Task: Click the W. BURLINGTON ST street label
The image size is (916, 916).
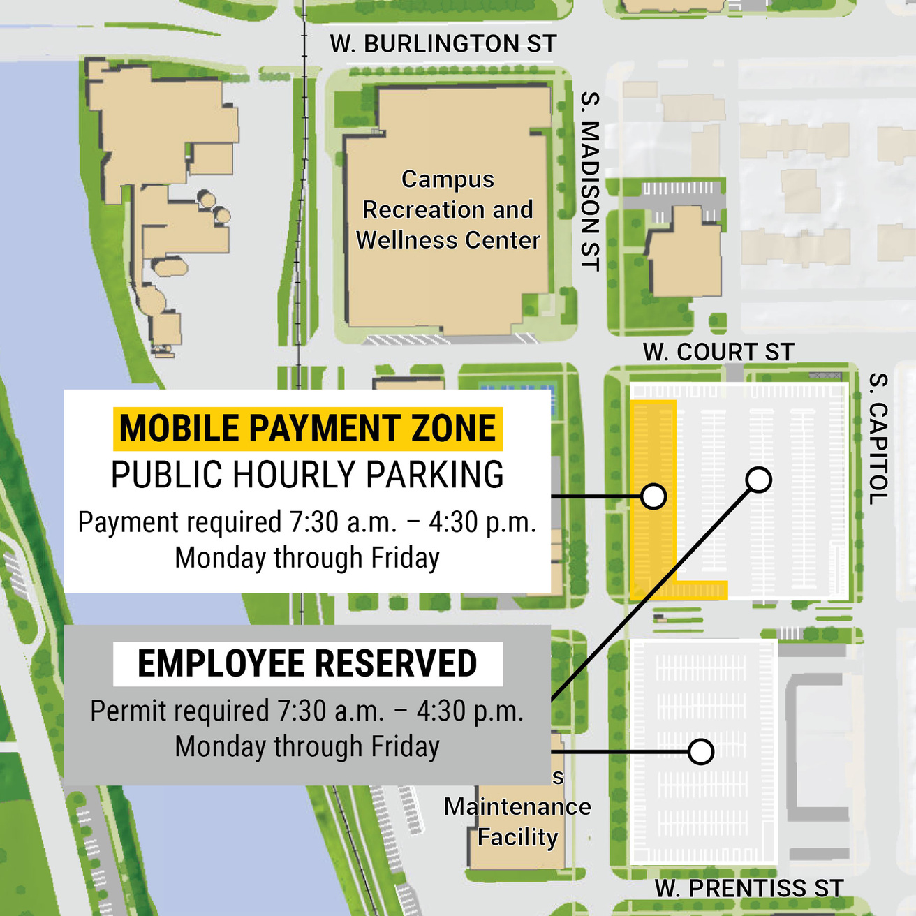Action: pos(443,44)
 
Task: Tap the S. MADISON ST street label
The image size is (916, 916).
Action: pos(591,181)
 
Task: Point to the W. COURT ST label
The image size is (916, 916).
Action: pos(718,352)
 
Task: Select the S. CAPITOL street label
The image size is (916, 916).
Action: pos(878,438)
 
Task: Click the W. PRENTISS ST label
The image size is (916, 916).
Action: pos(749,888)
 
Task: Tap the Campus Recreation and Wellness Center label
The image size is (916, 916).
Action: pos(448,209)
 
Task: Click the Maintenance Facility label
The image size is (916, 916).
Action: pos(517,822)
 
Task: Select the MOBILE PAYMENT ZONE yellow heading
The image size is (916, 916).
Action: pos(307,428)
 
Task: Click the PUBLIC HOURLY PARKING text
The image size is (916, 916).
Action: pos(307,475)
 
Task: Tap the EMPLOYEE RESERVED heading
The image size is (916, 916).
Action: pos(307,663)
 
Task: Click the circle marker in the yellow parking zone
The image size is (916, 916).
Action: pos(653,496)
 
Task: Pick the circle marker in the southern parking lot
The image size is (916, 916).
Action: pos(700,752)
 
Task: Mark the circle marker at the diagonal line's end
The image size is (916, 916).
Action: pos(758,480)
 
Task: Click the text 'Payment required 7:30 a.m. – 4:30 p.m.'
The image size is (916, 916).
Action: pos(307,522)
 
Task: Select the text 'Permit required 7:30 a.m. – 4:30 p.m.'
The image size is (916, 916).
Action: pos(307,711)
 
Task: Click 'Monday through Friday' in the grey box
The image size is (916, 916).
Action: pos(307,746)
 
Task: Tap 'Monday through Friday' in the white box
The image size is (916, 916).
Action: pos(307,558)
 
